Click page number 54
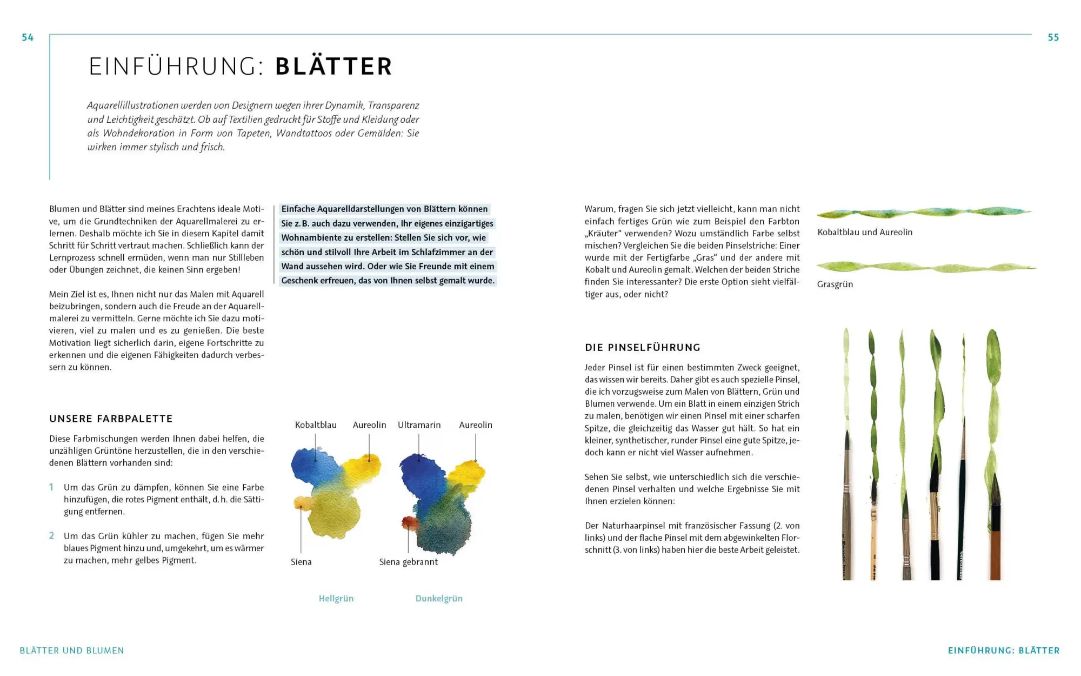(x=28, y=37)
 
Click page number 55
(x=1053, y=37)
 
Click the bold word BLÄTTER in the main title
(x=333, y=67)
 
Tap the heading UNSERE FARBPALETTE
(x=111, y=419)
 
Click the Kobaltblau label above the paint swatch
(x=316, y=425)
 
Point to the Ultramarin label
(x=419, y=425)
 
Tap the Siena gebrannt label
(x=408, y=562)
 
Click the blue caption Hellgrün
(x=336, y=599)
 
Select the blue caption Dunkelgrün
(x=438, y=599)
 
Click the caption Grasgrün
(x=835, y=284)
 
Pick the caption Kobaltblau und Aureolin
(x=864, y=233)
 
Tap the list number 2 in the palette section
(x=51, y=536)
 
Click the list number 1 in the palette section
(x=51, y=487)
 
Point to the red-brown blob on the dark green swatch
(x=410, y=523)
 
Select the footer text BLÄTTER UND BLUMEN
(x=72, y=651)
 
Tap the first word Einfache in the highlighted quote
(x=298, y=209)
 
